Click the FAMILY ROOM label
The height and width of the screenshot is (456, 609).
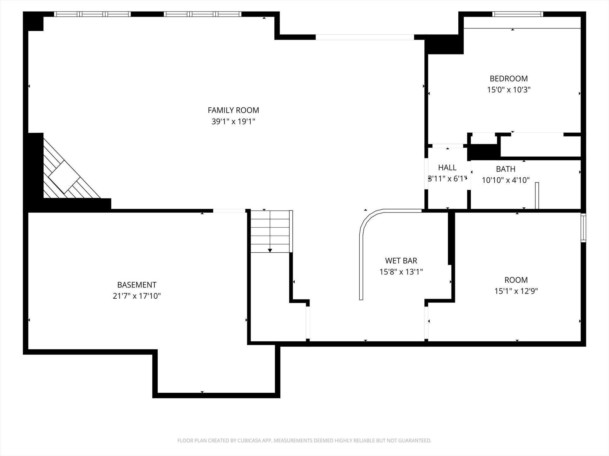[x=233, y=110]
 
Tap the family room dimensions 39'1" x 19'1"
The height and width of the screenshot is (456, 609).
[x=233, y=121]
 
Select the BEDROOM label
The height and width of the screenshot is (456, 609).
[x=509, y=79]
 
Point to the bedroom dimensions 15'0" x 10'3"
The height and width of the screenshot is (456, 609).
[x=509, y=90]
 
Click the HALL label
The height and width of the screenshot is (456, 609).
[x=447, y=168]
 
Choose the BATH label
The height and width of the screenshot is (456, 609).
[x=506, y=169]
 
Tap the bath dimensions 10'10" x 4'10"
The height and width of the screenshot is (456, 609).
[x=506, y=180]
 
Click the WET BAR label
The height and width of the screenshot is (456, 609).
[x=401, y=261]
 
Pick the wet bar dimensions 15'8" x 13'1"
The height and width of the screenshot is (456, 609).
[x=401, y=272]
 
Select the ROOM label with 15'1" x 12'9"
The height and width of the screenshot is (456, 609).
[x=516, y=280]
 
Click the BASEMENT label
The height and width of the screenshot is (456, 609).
[x=137, y=285]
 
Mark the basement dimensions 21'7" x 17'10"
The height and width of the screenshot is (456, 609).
[x=137, y=296]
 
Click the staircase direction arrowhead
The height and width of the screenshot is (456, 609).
[x=270, y=250]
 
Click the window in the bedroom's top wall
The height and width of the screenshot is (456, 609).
[x=518, y=14]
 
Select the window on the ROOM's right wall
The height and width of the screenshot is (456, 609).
[x=583, y=228]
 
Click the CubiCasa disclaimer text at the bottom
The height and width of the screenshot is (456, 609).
[x=304, y=440]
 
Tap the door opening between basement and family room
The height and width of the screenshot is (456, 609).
[x=229, y=211]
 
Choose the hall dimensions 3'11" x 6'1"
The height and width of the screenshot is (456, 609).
[x=447, y=179]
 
